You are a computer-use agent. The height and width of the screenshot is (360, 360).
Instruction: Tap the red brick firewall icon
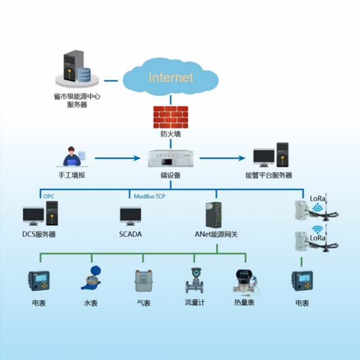(170, 117)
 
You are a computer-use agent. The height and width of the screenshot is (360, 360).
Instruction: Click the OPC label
(49, 196)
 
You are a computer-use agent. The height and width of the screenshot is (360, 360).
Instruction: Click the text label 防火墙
(170, 135)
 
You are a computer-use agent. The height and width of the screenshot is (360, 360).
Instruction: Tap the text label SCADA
(130, 234)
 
